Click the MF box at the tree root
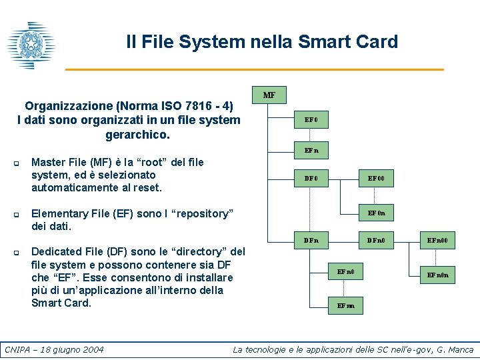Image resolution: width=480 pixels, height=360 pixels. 269,95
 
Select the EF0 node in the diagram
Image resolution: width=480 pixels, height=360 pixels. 311,121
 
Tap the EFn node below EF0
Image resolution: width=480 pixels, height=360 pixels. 311,151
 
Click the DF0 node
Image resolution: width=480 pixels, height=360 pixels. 311,179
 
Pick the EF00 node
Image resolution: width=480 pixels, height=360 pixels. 377,179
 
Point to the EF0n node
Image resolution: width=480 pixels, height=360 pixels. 377,213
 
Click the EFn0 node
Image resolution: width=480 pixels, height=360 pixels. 346,272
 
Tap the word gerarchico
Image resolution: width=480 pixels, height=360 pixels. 138,135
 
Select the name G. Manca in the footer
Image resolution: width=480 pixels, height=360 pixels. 452,349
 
